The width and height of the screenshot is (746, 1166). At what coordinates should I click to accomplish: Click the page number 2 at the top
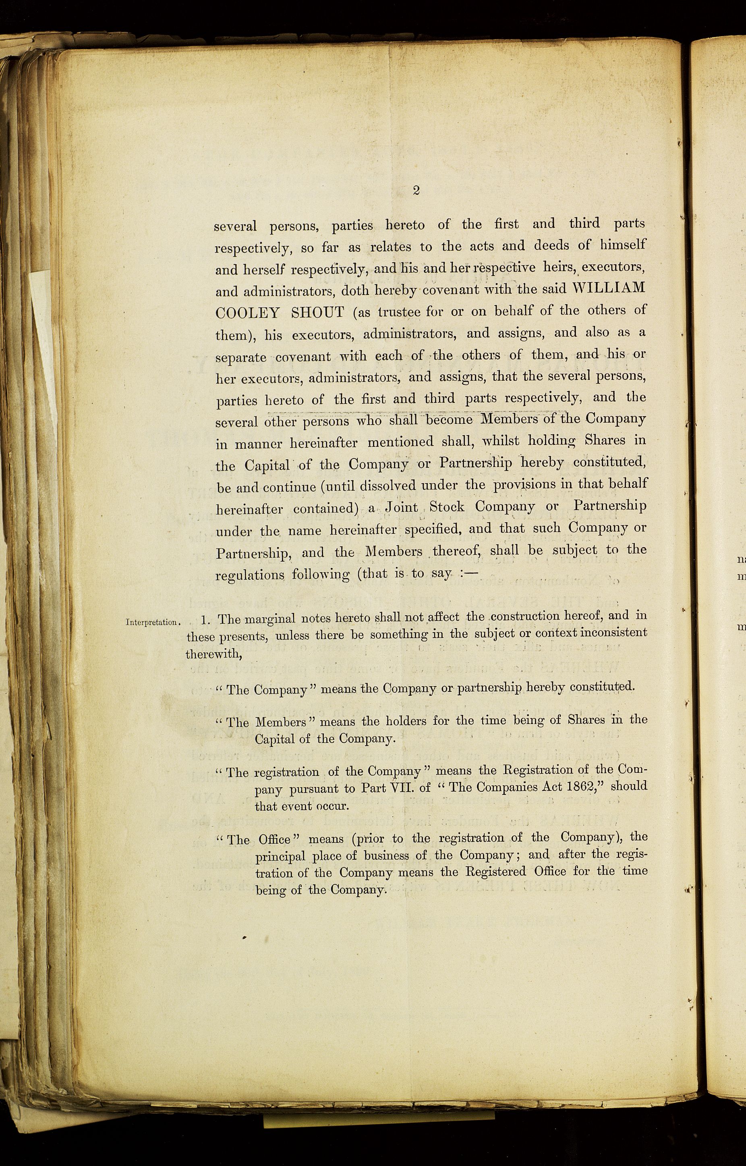coord(416,191)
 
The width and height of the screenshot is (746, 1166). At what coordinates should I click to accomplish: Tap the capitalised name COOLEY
coord(247,313)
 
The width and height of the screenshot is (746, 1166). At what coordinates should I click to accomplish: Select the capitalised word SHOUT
coord(318,312)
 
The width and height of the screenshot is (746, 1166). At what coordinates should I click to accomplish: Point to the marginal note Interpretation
coord(151,622)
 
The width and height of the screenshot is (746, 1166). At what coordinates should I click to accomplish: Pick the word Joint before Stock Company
coord(402,507)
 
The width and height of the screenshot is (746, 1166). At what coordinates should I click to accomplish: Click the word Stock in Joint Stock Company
coord(447,507)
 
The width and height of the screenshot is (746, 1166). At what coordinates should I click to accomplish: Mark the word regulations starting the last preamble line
coord(249,575)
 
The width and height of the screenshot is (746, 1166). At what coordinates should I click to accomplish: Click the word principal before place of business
coord(280,857)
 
